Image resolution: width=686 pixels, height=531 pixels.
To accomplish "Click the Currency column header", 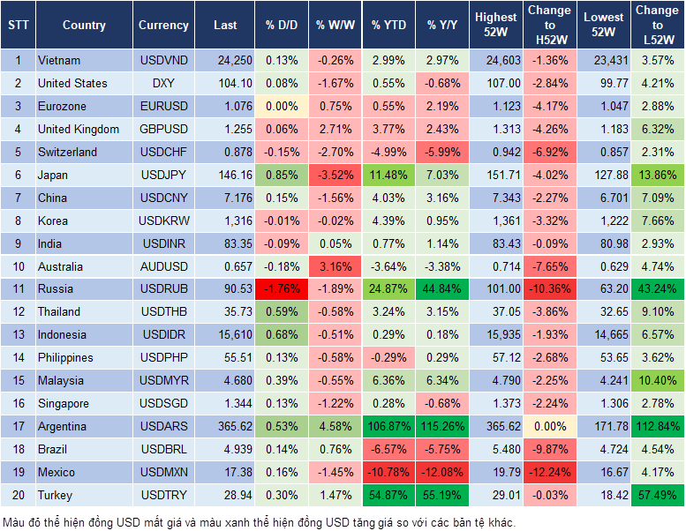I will pyautogui.click(x=163, y=26).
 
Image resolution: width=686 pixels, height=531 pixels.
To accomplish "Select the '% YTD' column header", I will pyautogui.click(x=389, y=26).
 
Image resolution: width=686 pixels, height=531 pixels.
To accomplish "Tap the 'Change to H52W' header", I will pyautogui.click(x=549, y=25).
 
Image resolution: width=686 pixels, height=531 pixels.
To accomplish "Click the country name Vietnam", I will pyautogui.click(x=59, y=60).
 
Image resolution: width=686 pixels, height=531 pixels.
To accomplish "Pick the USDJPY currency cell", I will pyautogui.click(x=163, y=175).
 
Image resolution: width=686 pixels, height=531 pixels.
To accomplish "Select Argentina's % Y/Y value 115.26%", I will pyautogui.click(x=443, y=426).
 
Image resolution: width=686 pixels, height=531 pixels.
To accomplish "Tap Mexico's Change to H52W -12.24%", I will pyautogui.click(x=549, y=472).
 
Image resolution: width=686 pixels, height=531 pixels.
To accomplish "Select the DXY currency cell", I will pyautogui.click(x=163, y=83).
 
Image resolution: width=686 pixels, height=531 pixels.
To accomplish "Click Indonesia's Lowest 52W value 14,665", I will pyautogui.click(x=604, y=334).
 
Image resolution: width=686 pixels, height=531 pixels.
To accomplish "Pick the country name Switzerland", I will pyautogui.click(x=68, y=152).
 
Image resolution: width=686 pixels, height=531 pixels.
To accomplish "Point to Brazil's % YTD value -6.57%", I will pyautogui.click(x=389, y=449).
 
